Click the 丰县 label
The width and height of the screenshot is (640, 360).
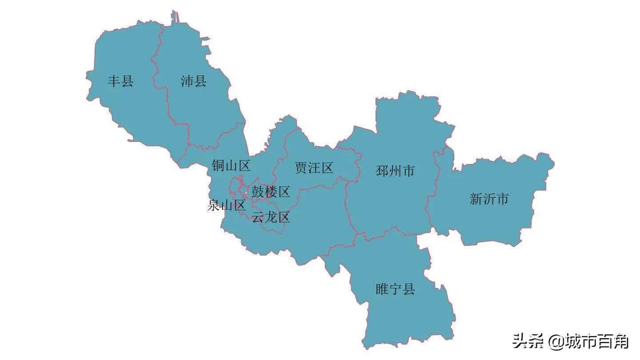coord(120,81)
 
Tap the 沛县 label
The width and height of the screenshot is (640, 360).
coord(194,81)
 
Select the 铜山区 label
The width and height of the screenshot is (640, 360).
coord(231,166)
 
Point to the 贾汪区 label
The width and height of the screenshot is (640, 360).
coord(314,168)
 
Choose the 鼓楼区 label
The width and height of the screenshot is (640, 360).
coord(271,192)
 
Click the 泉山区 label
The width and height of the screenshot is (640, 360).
coord(227,205)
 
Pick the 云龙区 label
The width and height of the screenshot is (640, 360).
coord(271,217)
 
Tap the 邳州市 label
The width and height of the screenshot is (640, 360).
coord(395,171)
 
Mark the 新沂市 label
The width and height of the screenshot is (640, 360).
coord(489,199)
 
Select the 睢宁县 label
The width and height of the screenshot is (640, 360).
coord(395,290)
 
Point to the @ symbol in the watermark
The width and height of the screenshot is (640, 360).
coord(556,342)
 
